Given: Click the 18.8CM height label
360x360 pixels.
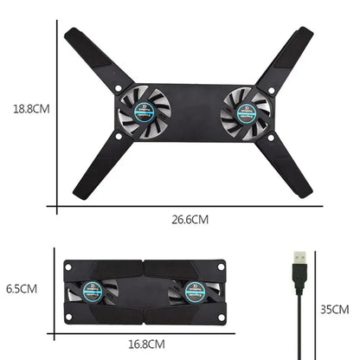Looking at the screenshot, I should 29,110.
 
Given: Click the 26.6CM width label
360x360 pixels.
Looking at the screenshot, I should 189,219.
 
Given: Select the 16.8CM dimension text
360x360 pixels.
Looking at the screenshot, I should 145,344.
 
